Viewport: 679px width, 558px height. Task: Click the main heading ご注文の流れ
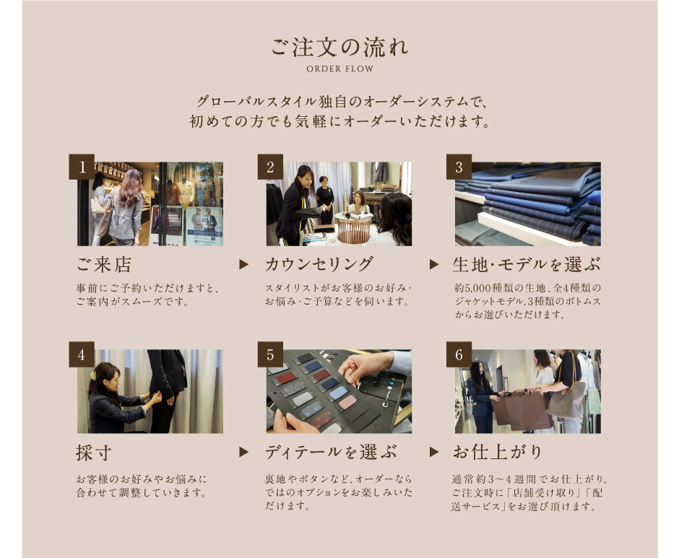tap(339, 47)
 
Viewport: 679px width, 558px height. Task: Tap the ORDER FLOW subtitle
tap(340, 69)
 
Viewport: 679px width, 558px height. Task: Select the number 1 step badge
tap(82, 167)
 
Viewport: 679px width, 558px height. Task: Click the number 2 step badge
tap(271, 167)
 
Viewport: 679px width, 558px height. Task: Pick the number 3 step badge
tap(459, 167)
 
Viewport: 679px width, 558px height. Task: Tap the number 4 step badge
tap(82, 354)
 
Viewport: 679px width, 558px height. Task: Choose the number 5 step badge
tap(271, 354)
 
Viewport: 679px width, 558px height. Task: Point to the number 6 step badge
tap(459, 354)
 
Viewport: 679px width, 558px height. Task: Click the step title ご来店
tap(104, 264)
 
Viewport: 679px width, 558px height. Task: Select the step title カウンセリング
tap(319, 264)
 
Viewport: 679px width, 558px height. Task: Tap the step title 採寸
tap(94, 453)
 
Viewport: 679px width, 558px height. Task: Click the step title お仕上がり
tap(498, 453)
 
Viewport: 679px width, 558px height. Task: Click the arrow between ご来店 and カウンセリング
tap(244, 264)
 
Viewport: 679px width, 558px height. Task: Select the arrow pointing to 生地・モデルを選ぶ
tap(434, 264)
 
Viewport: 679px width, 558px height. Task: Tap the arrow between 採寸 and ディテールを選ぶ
tap(244, 453)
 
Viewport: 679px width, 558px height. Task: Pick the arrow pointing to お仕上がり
tap(434, 453)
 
